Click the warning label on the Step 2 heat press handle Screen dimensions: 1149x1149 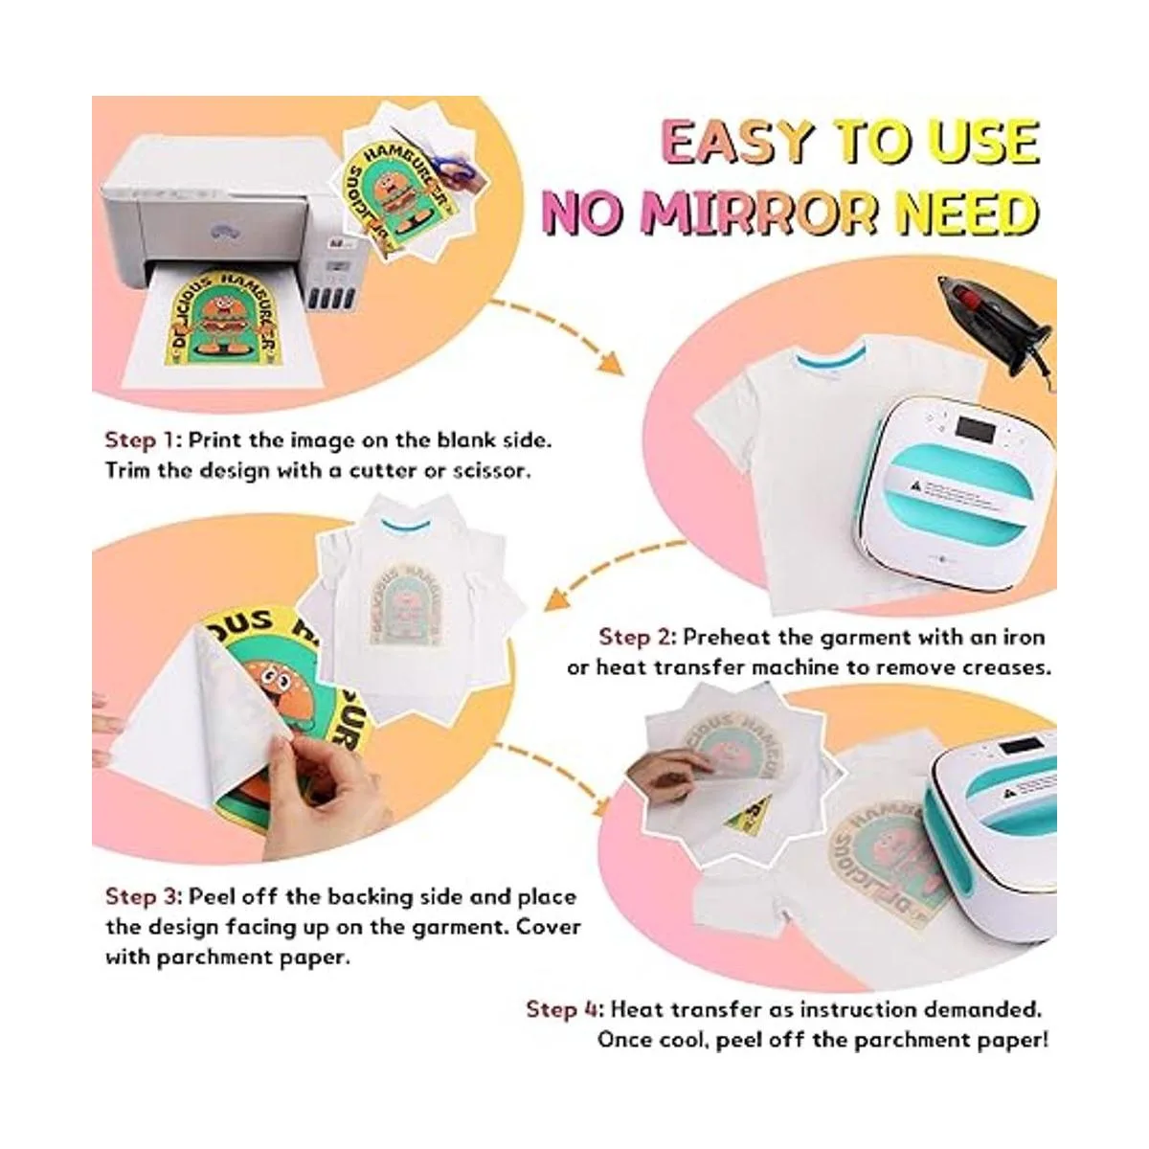point(953,491)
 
